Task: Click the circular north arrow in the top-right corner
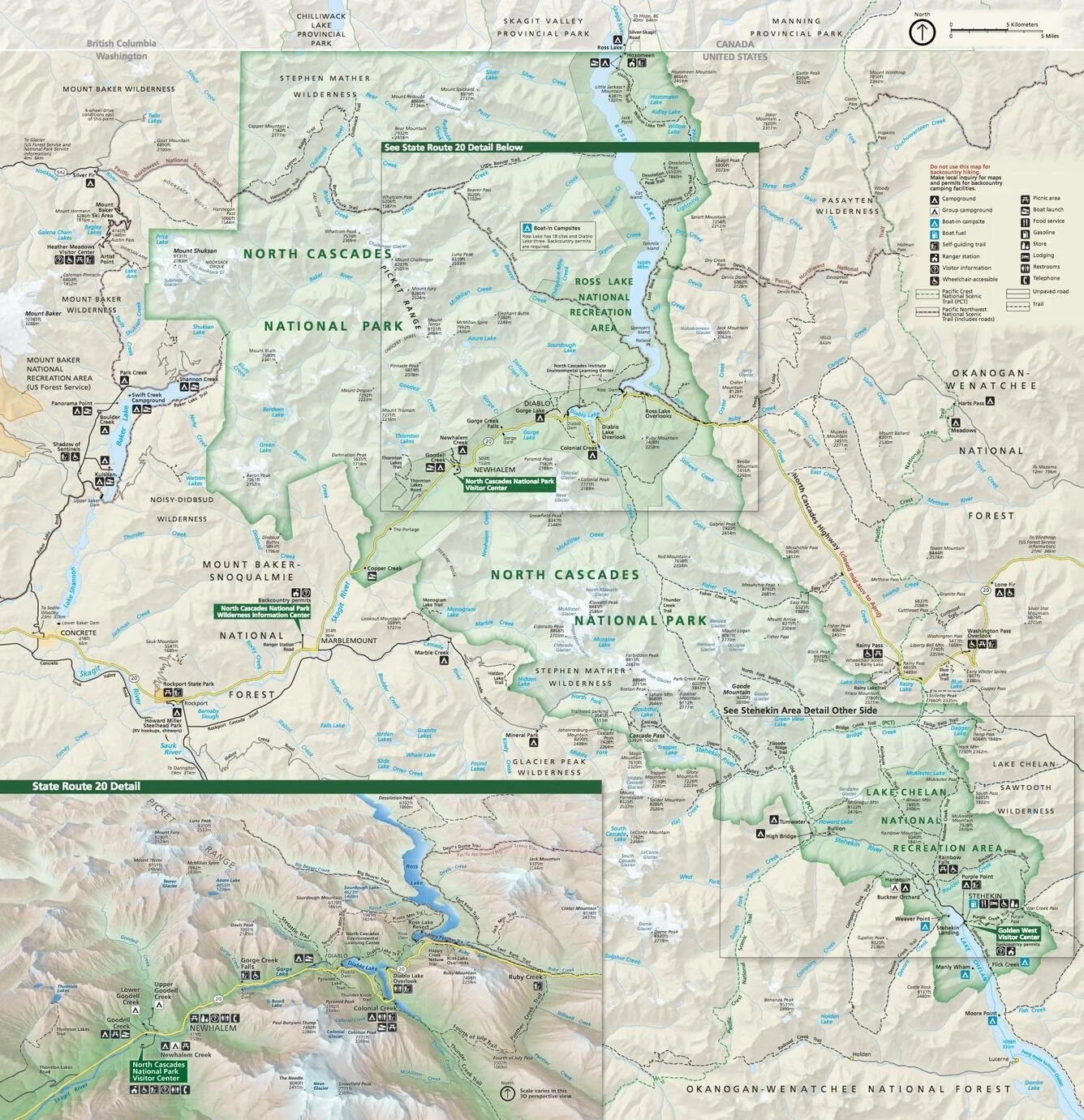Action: pyautogui.click(x=921, y=33)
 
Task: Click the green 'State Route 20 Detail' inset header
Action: pyautogui.click(x=86, y=786)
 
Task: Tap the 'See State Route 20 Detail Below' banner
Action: pyautogui.click(x=453, y=148)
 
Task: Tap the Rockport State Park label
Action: pyautogui.click(x=188, y=684)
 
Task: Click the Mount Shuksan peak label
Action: pyautogui.click(x=190, y=251)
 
